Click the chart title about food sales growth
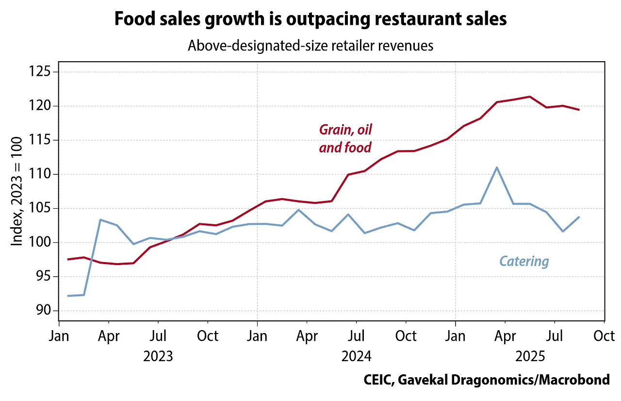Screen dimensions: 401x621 [310, 19]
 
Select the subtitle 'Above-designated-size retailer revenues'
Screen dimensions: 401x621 [310, 46]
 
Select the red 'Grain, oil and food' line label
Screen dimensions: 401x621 [345, 138]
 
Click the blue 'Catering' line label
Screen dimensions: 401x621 [524, 262]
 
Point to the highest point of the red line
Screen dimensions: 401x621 [529, 97]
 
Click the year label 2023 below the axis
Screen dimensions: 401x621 [158, 357]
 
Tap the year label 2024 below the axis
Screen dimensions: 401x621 [356, 357]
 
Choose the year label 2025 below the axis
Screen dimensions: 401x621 [530, 357]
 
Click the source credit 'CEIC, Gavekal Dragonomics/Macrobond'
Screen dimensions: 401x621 [487, 380]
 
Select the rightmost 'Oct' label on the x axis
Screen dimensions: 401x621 [604, 336]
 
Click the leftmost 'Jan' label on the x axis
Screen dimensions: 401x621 [59, 336]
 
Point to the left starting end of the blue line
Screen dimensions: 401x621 [68, 296]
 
